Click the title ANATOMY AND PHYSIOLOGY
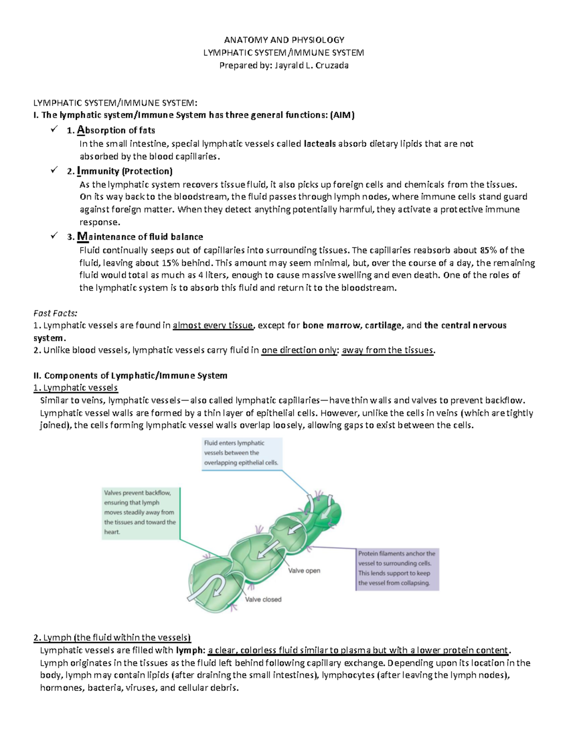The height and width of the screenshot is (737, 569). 284,40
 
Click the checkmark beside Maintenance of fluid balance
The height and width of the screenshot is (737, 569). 54,236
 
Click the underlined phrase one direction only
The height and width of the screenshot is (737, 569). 300,351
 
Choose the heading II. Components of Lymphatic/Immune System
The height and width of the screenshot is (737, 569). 130,376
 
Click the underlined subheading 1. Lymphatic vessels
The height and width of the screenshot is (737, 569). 75,388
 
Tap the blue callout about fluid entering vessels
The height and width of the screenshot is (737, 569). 242,453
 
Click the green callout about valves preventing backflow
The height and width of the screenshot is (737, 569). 140,513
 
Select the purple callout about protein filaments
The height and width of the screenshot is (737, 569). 397,569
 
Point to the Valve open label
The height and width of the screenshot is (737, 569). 304,571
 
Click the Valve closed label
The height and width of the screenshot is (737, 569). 263,599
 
